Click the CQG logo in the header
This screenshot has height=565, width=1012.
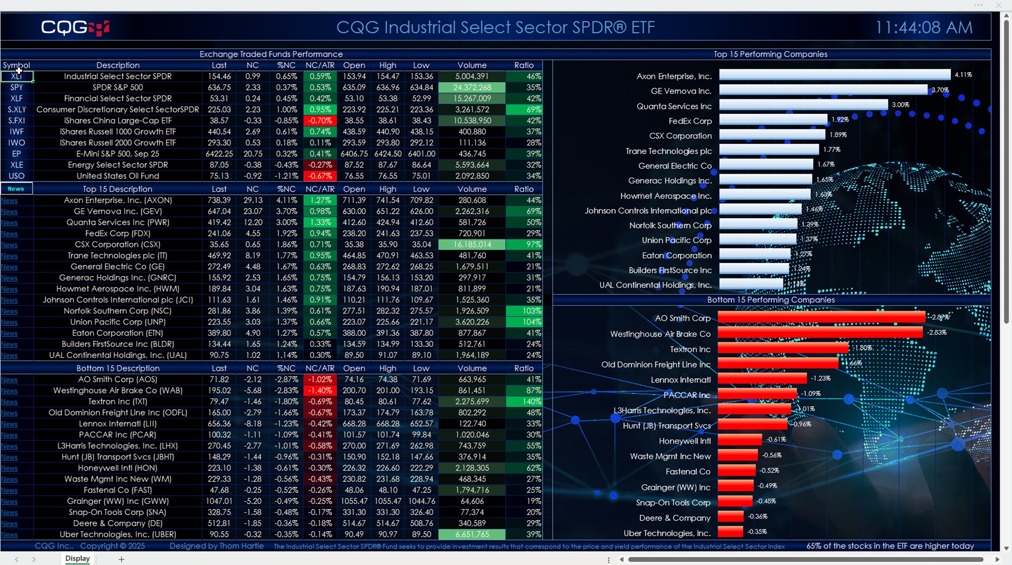click(75, 27)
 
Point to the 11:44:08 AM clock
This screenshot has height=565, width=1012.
click(923, 27)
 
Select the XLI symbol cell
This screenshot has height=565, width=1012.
click(17, 77)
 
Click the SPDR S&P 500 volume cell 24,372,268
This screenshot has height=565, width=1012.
click(472, 88)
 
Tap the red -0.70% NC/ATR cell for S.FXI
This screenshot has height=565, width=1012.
click(320, 120)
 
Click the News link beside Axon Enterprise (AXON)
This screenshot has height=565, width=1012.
click(9, 200)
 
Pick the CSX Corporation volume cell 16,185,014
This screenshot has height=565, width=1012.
click(472, 245)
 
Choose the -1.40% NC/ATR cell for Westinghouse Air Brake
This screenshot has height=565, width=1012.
click(320, 391)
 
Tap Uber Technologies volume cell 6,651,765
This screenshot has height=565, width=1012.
click(472, 534)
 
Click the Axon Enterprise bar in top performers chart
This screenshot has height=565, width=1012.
click(834, 75)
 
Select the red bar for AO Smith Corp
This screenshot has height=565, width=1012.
click(821, 317)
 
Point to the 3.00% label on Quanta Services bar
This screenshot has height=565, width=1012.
click(900, 105)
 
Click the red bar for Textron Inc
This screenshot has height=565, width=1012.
click(782, 349)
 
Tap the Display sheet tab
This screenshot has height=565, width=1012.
click(77, 559)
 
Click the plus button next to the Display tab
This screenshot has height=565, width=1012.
click(121, 559)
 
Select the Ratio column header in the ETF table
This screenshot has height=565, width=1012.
click(524, 65)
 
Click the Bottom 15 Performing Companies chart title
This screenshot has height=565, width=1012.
click(770, 300)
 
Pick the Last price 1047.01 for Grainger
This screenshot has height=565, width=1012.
click(219, 501)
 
